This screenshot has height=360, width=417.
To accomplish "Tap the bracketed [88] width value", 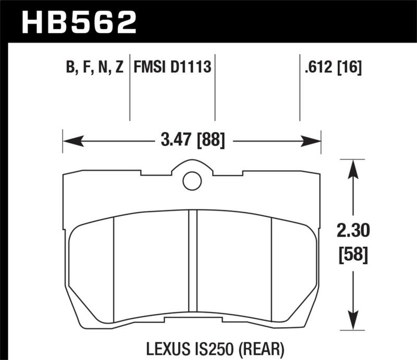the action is click(211, 140).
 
